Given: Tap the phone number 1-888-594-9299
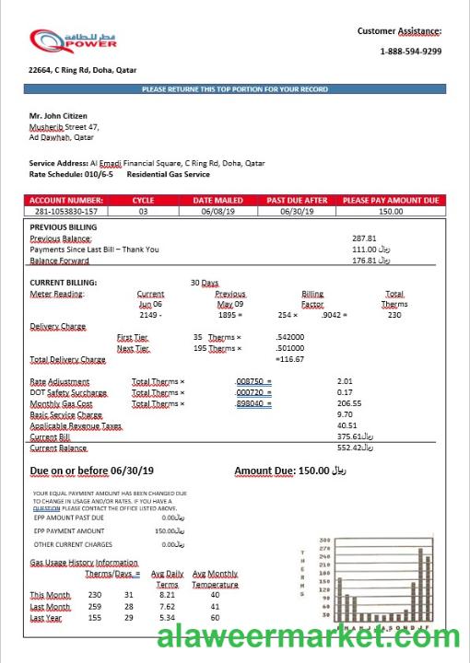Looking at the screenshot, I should [x=410, y=52].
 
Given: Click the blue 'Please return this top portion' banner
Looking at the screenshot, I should [x=235, y=89].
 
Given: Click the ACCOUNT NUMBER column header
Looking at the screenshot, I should [x=65, y=200].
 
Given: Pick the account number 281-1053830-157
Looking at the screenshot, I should [x=65, y=211].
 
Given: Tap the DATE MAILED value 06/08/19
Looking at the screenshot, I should [x=217, y=211].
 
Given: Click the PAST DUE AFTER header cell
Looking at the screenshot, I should [x=297, y=200].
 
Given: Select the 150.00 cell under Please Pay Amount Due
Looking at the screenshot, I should [x=391, y=211].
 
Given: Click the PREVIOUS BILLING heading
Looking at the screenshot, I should [x=64, y=227].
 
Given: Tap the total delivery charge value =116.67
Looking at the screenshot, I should [x=289, y=359].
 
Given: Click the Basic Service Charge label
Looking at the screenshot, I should [x=65, y=414].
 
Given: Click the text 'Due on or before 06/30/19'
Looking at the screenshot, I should [x=91, y=471].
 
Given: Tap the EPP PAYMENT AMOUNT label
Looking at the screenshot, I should [x=69, y=531].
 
